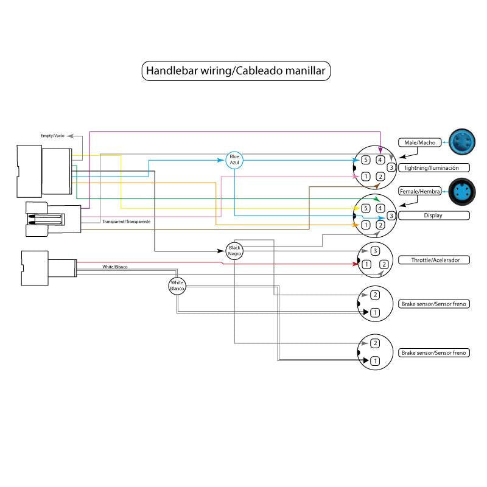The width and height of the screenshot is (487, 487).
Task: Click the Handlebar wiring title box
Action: [x=237, y=71]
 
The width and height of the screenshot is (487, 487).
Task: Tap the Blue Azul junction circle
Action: [x=234, y=159]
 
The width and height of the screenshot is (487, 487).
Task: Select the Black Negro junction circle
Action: [x=234, y=250]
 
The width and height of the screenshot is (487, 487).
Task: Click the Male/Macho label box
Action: [x=420, y=142]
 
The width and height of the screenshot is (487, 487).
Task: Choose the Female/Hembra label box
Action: [x=420, y=191]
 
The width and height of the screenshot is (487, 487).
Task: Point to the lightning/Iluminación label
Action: [x=433, y=167]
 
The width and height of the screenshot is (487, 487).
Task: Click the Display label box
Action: [x=433, y=215]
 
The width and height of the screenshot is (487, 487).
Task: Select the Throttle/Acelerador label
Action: [x=433, y=260]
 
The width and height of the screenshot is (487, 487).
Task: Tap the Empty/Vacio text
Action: [x=52, y=135]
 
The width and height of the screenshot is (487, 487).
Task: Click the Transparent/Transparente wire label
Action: [x=127, y=221]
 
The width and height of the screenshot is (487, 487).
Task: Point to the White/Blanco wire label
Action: [x=115, y=267]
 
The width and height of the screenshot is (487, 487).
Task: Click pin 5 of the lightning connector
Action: [x=366, y=160]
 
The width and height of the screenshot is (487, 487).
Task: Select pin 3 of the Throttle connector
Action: [x=375, y=251]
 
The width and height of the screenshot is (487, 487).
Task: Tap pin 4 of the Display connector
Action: [x=380, y=209]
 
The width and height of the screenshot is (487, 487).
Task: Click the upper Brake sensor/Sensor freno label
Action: [x=433, y=303]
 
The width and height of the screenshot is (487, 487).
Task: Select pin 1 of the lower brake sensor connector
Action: [x=375, y=362]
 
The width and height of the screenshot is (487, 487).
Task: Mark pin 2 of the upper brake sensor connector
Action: [x=375, y=295]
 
